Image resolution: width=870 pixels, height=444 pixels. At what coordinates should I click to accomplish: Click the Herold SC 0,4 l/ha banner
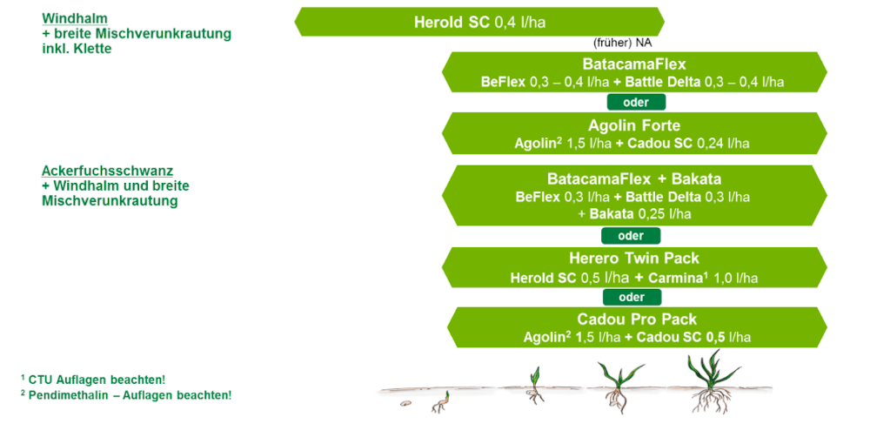click(x=479, y=23)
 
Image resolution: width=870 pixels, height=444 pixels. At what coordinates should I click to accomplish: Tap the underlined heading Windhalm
click(x=75, y=18)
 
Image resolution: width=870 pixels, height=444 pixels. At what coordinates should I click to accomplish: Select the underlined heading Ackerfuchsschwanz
click(x=108, y=171)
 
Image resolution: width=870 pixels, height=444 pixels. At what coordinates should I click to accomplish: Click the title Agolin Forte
click(x=634, y=125)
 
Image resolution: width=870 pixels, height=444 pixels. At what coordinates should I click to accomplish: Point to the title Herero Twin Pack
click(x=633, y=259)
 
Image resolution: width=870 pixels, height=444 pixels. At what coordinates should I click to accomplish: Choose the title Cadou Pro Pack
click(x=637, y=320)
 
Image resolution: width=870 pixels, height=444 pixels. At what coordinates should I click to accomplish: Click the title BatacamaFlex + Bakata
click(x=633, y=179)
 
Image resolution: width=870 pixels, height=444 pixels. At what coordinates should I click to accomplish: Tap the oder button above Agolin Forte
click(x=636, y=102)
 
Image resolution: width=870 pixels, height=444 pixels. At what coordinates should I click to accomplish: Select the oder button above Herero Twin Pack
click(x=631, y=236)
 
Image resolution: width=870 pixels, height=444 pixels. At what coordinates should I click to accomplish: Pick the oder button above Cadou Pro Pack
click(x=632, y=297)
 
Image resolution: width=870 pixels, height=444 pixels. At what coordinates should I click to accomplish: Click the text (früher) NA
click(x=623, y=43)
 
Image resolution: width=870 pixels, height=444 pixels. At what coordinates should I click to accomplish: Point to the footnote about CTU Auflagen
click(x=93, y=380)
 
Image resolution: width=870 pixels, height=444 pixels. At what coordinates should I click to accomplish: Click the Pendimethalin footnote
click(x=126, y=395)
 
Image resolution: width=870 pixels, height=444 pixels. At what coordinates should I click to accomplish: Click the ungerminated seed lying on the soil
click(x=406, y=404)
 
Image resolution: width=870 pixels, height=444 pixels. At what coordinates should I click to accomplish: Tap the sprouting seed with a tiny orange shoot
click(x=440, y=403)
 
